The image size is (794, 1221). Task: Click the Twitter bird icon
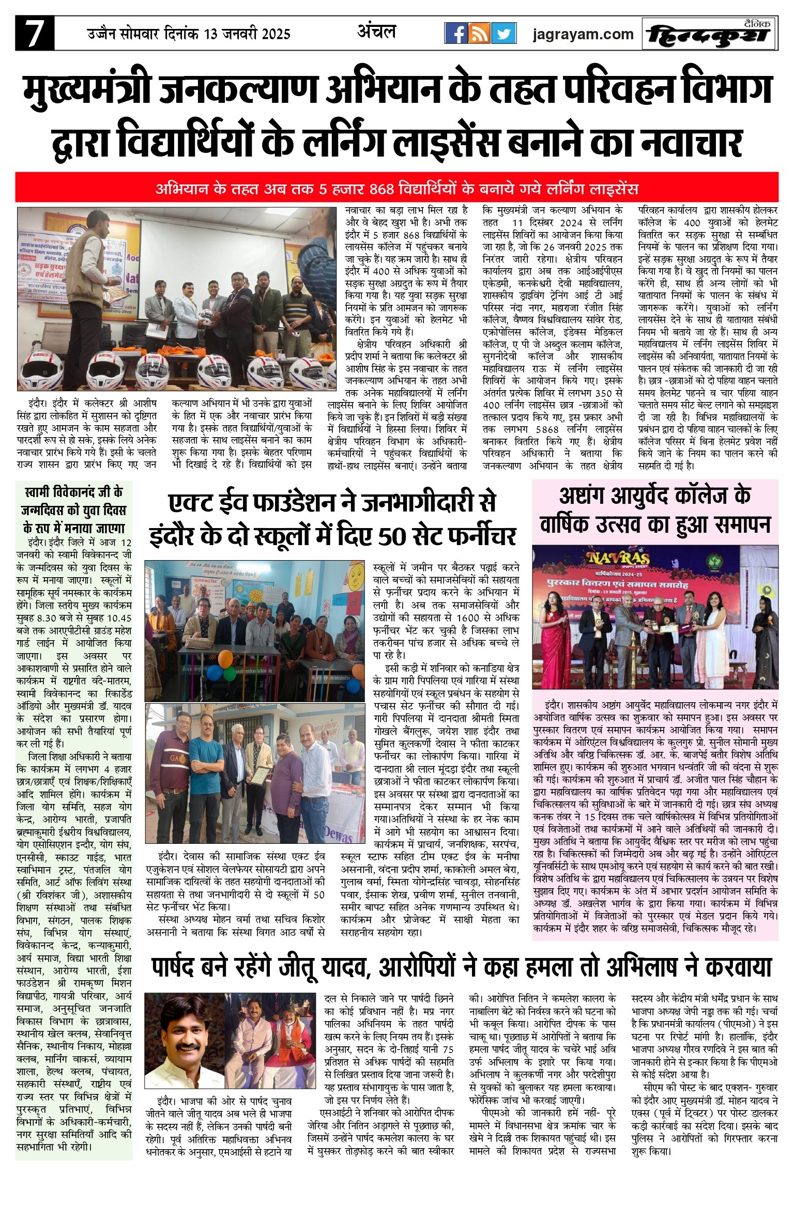coord(503,34)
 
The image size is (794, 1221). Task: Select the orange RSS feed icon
coord(480,34)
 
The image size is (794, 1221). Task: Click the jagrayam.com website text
coord(583,35)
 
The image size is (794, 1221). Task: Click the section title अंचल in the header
coord(376,32)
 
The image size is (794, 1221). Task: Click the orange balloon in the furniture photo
coord(225,659)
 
